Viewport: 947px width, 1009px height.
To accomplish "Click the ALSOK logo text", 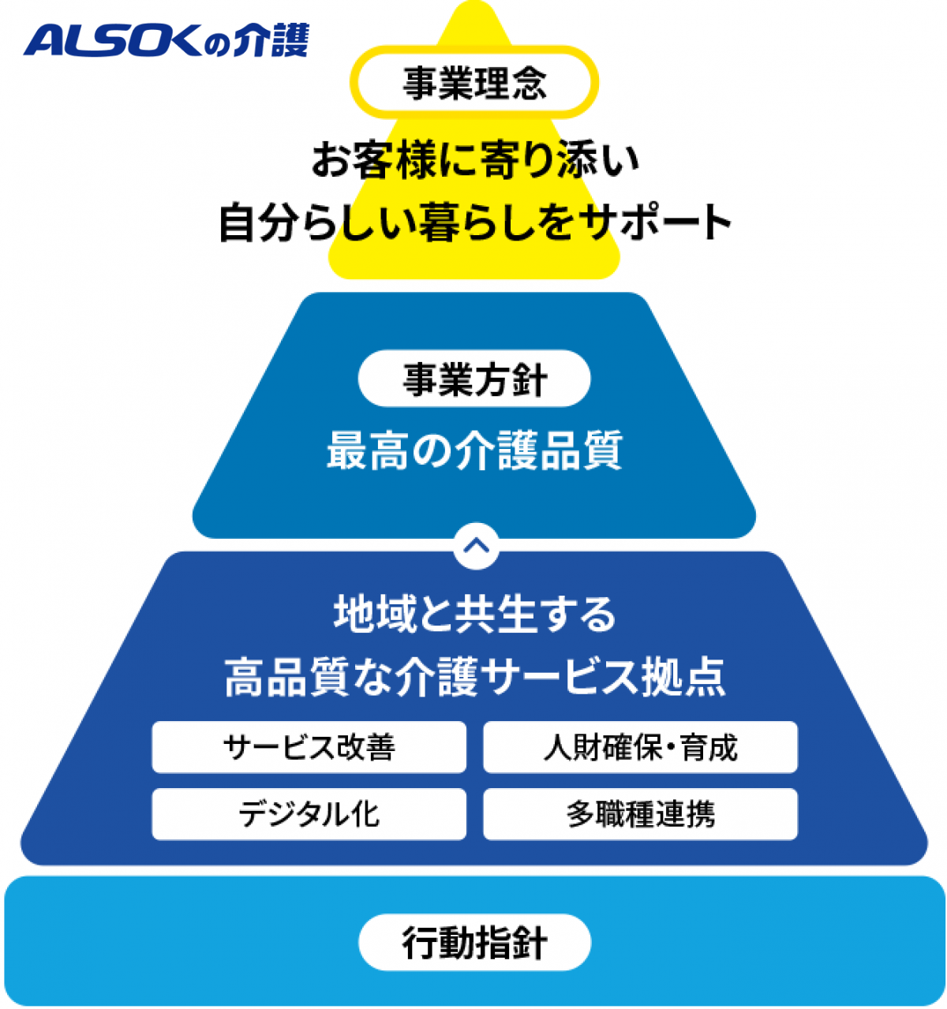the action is point(112,40).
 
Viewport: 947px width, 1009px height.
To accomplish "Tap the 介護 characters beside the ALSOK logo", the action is point(271,39).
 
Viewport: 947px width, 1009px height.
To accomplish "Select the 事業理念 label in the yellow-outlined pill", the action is point(474,82).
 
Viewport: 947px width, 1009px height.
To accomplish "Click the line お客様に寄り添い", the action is point(475,160).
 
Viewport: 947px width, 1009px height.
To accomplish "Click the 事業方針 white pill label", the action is point(474,378).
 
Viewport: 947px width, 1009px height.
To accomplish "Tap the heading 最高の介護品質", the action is point(474,450).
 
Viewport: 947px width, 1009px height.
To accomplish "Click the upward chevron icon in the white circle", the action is point(477,546).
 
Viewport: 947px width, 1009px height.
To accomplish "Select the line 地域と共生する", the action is point(474,615).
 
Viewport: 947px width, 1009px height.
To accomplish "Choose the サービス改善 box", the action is point(309,747).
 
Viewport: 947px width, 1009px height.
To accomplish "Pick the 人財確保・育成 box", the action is point(641,747).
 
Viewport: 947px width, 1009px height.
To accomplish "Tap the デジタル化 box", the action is point(309,814).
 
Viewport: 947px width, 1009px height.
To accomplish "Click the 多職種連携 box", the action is point(641,814).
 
